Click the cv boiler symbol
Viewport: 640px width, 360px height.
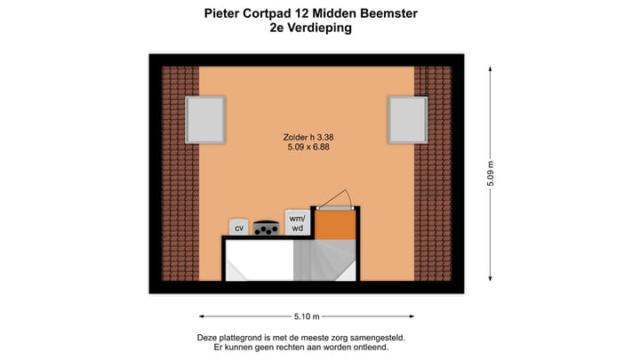(238, 228)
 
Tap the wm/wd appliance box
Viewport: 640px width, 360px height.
(297, 222)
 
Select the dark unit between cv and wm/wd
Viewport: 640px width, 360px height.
(266, 228)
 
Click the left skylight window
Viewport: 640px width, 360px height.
(205, 120)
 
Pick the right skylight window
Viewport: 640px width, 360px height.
(408, 120)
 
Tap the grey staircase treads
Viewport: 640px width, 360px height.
(324, 260)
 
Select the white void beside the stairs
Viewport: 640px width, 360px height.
(259, 260)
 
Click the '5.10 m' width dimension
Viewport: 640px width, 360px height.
(307, 316)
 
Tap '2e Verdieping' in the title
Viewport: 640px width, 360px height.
(310, 28)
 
